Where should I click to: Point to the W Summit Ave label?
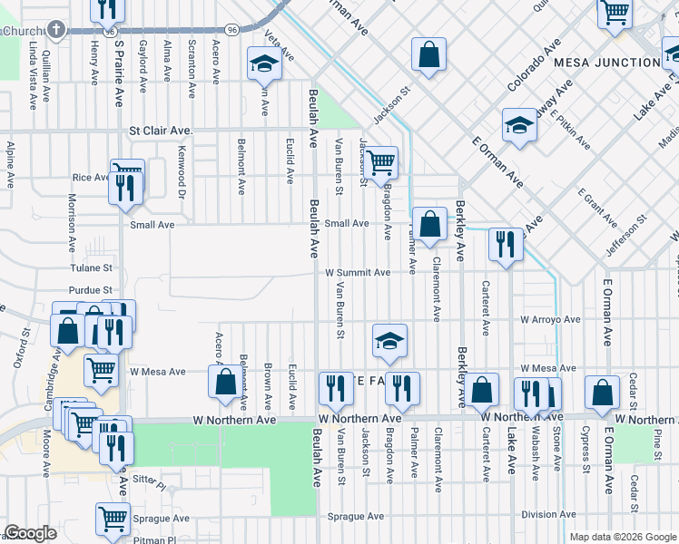[358, 272]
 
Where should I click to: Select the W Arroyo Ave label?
[550, 320]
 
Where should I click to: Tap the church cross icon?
[56, 31]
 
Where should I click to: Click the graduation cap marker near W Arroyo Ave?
[389, 340]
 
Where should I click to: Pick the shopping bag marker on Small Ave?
[429, 223]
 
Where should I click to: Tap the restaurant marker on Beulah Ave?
[336, 388]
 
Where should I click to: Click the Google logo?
[30, 533]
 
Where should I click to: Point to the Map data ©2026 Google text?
[622, 537]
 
